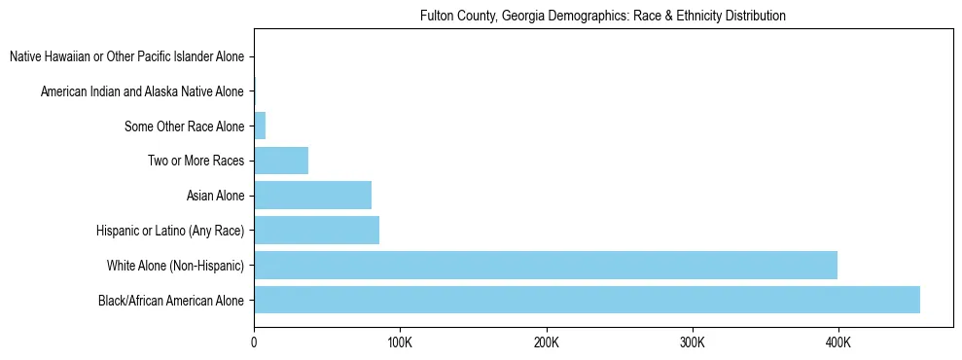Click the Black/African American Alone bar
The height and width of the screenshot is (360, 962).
(587, 300)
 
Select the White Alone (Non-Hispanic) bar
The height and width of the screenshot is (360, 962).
(545, 265)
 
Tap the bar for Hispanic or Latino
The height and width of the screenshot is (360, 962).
(316, 231)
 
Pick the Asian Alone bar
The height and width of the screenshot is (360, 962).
(312, 196)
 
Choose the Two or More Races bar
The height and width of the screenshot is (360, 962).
(281, 161)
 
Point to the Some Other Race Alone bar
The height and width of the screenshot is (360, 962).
(260, 126)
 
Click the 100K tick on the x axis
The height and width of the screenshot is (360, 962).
(400, 342)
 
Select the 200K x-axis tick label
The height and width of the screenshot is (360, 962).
(546, 342)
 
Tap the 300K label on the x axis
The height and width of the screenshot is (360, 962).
(692, 342)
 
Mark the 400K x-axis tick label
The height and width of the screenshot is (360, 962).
(837, 342)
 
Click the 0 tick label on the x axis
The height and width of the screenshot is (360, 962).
(254, 342)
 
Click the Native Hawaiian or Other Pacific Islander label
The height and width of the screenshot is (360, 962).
(127, 57)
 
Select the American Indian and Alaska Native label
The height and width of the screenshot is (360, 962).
(142, 92)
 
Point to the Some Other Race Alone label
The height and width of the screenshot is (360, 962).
(185, 126)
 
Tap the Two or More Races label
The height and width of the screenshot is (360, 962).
(196, 161)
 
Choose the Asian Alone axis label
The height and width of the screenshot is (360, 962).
(215, 196)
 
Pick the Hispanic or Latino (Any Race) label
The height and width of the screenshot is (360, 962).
(170, 231)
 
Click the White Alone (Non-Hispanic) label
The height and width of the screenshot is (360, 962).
(175, 265)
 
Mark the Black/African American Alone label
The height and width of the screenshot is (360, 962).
(171, 300)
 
